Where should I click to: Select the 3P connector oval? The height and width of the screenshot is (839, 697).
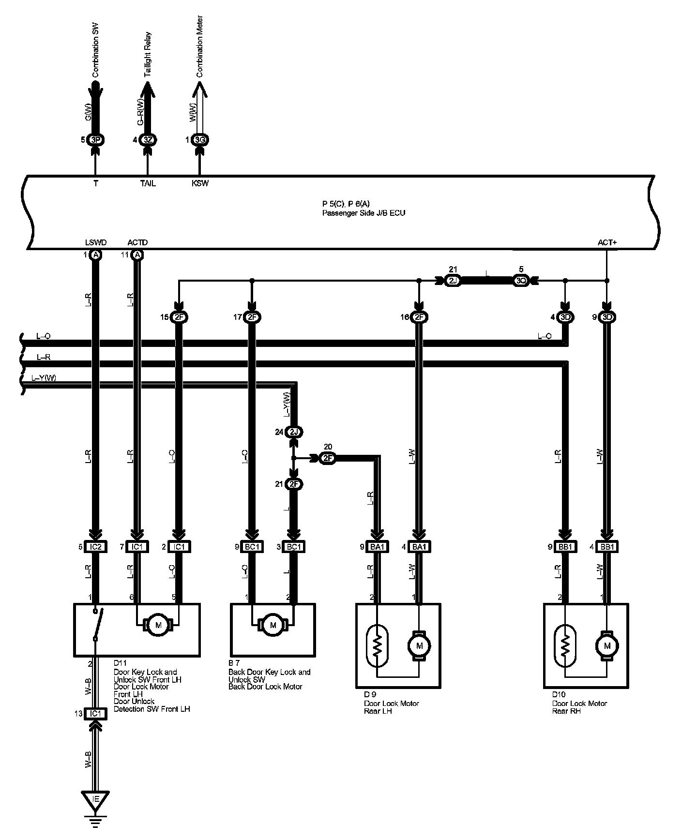click(x=95, y=140)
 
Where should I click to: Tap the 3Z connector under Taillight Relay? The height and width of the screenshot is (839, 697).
click(x=148, y=140)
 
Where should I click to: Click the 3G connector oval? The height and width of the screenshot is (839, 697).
click(x=199, y=140)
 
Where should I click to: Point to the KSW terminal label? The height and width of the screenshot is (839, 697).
click(x=200, y=184)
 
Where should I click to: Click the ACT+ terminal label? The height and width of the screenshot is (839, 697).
click(x=607, y=242)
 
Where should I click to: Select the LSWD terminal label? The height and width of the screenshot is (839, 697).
click(x=95, y=242)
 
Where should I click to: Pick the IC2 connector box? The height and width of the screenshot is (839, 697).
click(x=95, y=547)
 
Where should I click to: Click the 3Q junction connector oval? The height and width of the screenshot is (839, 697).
click(x=521, y=281)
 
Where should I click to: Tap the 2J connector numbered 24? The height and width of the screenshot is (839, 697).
click(x=293, y=432)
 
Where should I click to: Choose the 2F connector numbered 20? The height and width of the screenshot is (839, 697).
click(x=328, y=458)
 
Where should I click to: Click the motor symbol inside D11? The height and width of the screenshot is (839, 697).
click(x=158, y=625)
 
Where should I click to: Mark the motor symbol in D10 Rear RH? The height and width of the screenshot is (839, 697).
click(x=607, y=645)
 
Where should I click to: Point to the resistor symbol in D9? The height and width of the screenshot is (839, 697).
click(x=378, y=645)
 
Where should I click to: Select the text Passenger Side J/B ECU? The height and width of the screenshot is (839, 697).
click(x=364, y=213)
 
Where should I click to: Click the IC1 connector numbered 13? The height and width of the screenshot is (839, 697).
click(x=95, y=713)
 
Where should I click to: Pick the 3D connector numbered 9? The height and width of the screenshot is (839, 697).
click(x=607, y=317)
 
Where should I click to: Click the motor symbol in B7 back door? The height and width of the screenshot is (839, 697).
click(x=273, y=625)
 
